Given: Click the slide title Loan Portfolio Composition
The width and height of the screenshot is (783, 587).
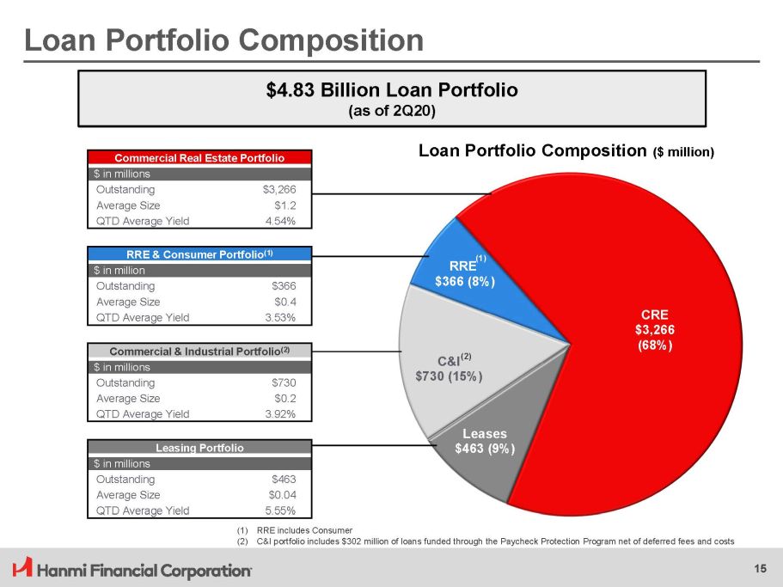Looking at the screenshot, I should (223, 40).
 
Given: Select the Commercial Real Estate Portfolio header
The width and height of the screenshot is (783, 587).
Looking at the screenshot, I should (200, 158).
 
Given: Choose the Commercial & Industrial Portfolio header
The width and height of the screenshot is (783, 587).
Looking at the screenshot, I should (200, 351).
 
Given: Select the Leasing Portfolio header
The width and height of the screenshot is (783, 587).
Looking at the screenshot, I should (200, 448).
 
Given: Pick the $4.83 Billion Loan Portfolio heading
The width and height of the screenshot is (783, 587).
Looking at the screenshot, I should (392, 89).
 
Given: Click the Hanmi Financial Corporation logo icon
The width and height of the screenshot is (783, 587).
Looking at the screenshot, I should (23, 567).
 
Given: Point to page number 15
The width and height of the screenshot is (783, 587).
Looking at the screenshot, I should (760, 567).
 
